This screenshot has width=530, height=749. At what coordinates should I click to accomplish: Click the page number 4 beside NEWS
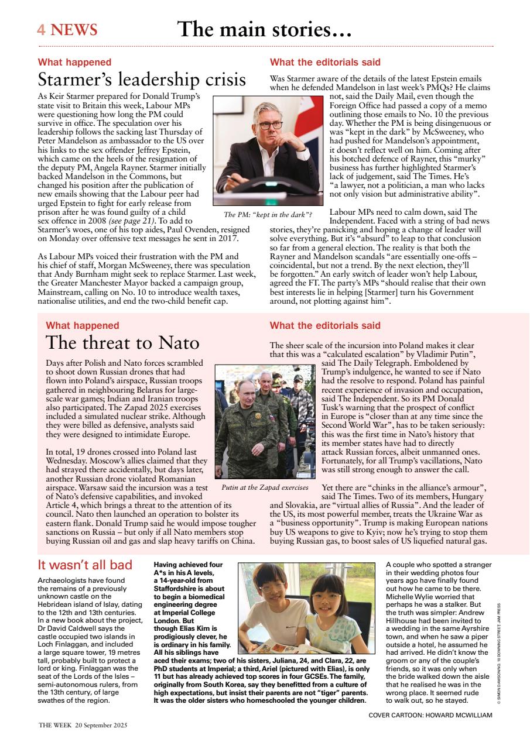point(42,30)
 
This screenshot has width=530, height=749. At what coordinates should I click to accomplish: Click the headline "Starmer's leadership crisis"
point(142,79)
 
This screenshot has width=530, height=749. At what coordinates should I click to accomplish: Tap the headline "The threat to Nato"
point(122,342)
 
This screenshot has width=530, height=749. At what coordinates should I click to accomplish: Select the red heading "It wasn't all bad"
point(85,565)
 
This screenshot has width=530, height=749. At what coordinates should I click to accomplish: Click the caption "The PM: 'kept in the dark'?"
point(268,214)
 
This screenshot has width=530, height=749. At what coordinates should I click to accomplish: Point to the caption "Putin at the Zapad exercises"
point(265,487)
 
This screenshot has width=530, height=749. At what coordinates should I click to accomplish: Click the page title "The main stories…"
point(264,29)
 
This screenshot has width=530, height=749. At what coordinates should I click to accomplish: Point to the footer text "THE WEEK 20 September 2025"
point(83,724)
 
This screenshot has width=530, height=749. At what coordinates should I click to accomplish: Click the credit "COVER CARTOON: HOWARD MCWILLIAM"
point(430,715)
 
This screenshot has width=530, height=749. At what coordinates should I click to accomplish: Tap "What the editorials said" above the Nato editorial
point(325,325)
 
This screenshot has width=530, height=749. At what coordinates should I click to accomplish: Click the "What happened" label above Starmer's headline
point(74,62)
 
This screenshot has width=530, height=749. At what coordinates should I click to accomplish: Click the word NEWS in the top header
point(74,30)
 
